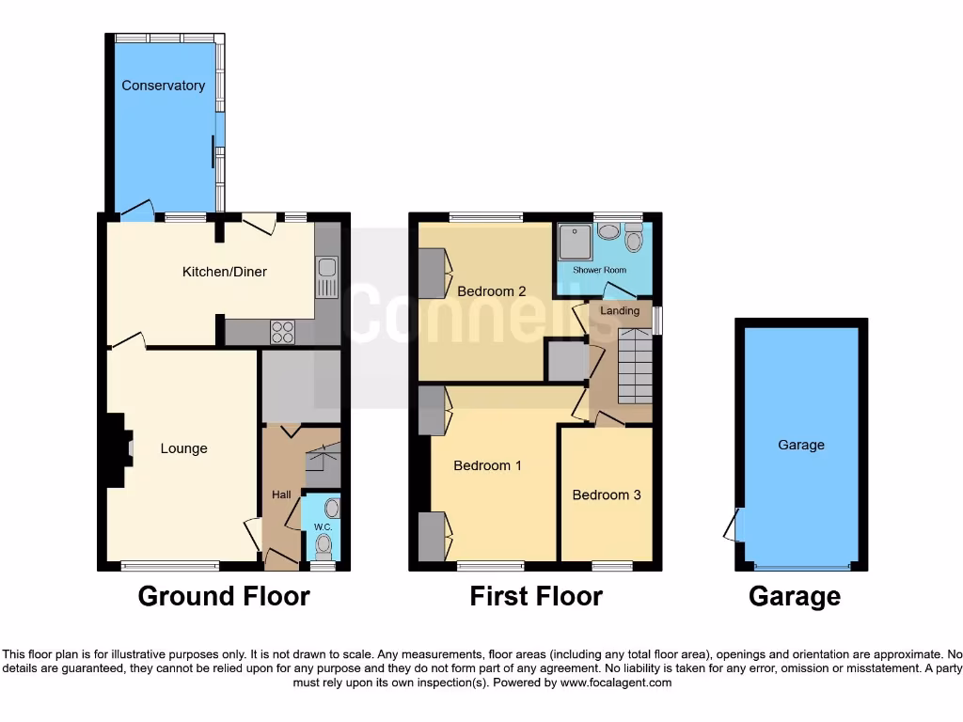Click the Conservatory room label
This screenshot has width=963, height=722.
click(163, 86)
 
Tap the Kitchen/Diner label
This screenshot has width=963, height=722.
click(224, 272)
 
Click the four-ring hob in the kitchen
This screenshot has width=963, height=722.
click(282, 332)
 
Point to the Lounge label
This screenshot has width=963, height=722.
click(183, 448)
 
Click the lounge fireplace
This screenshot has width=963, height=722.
click(117, 450)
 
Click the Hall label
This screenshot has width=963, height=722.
click(281, 494)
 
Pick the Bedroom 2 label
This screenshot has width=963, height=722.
click(491, 290)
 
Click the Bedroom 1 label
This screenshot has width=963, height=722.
click(487, 465)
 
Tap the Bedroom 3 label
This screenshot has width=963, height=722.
click(607, 494)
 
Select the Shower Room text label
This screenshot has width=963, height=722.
click(600, 270)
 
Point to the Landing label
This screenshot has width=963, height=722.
click(620, 310)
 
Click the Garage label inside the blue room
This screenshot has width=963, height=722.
click(800, 445)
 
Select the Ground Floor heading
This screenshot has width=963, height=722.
click(224, 596)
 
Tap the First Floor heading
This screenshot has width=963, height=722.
click(536, 596)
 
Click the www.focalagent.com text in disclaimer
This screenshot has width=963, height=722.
click(615, 683)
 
